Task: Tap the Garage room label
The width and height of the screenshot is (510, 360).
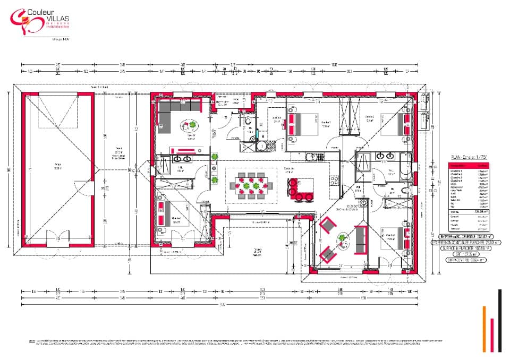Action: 57,168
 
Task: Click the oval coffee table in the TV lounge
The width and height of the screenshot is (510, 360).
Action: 190,126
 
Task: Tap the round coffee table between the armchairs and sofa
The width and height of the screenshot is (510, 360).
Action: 343,238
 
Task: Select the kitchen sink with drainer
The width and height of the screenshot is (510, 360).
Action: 313,157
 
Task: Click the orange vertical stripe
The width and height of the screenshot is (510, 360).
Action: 484,335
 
